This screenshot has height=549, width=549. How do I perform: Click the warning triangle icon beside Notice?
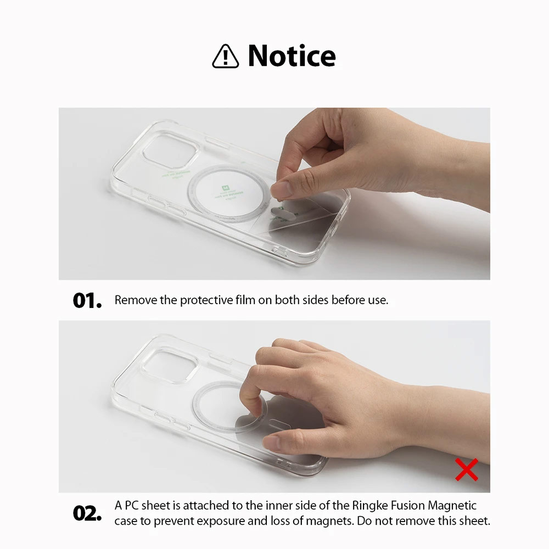225,57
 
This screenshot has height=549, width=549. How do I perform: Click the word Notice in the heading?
292,55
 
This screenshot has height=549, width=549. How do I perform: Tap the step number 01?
87,301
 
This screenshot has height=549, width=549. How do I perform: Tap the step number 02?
87,513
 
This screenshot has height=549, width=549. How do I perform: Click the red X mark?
467,469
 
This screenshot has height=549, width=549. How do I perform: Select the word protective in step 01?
205,300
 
